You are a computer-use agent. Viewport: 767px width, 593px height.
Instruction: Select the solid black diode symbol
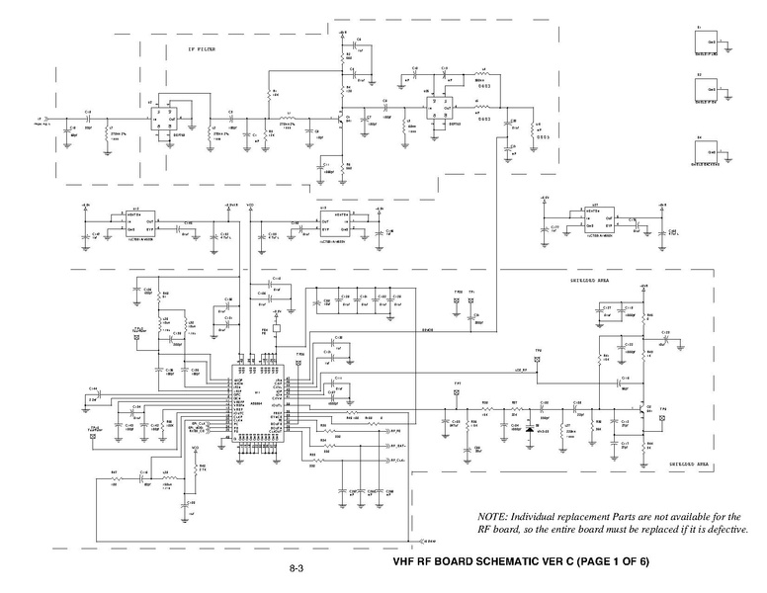531,429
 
